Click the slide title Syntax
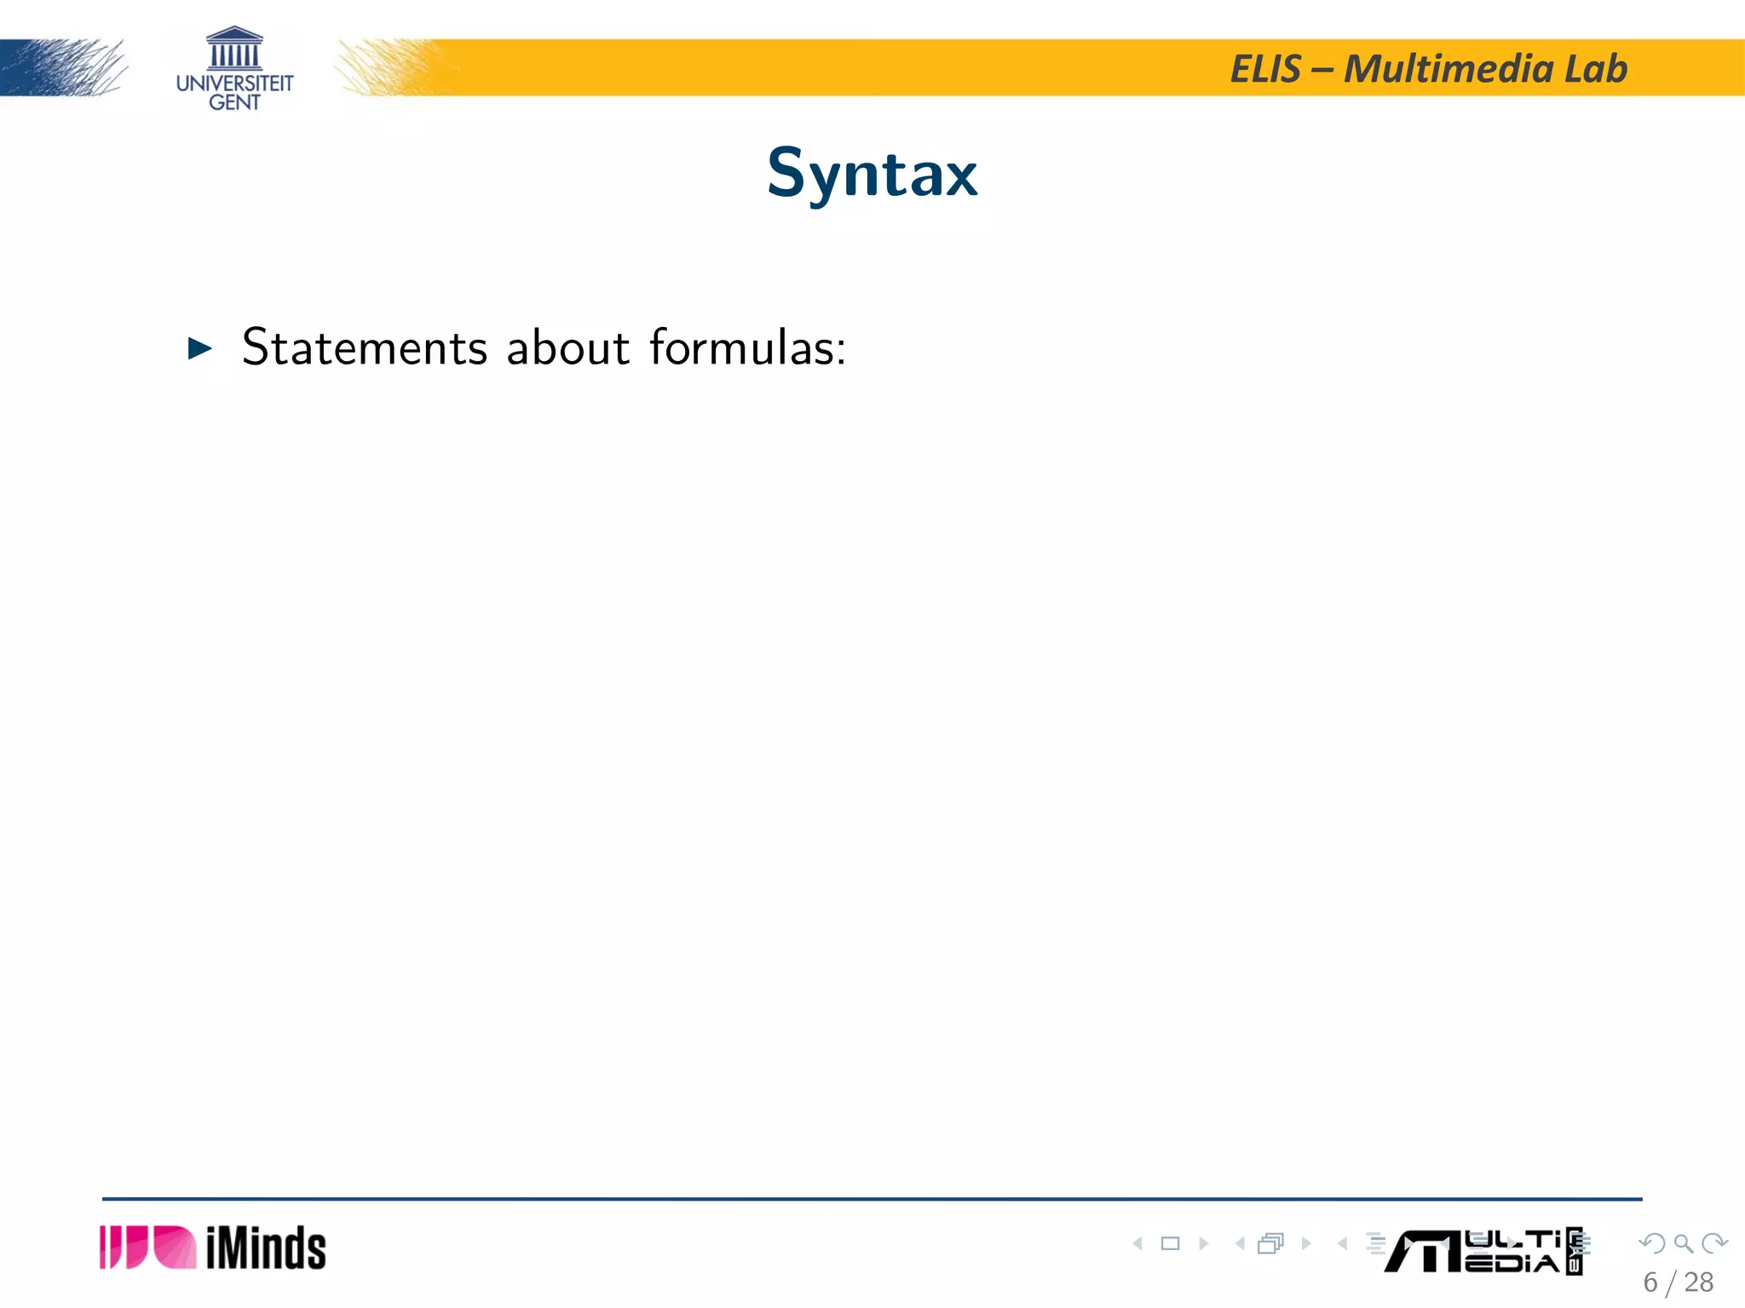pos(872,174)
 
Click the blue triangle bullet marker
pos(199,347)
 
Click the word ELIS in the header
pos(1265,69)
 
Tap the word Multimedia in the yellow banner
pos(1448,69)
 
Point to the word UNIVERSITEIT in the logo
pos(234,83)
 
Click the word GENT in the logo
pos(234,102)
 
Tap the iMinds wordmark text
pos(266,1248)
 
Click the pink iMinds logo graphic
pos(147,1248)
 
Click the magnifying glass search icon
pos(1683,1243)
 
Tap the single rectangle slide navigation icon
pos(1171,1243)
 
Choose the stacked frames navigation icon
pos(1270,1243)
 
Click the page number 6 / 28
pos(1678,1282)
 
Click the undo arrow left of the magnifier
pos(1652,1243)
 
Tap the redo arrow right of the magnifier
pos(1714,1243)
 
